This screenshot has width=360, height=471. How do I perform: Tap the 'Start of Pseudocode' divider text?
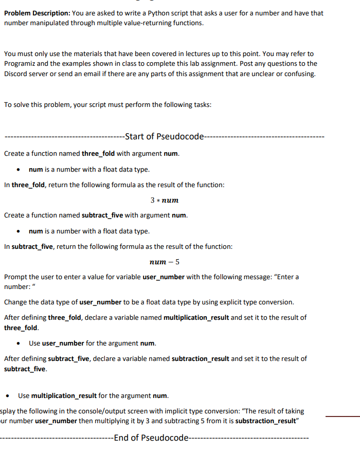click(165, 136)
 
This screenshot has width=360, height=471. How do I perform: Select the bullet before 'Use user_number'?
click(19, 343)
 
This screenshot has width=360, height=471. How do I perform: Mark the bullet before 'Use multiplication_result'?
click(8, 396)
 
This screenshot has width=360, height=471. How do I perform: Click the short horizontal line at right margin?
click(350, 416)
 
